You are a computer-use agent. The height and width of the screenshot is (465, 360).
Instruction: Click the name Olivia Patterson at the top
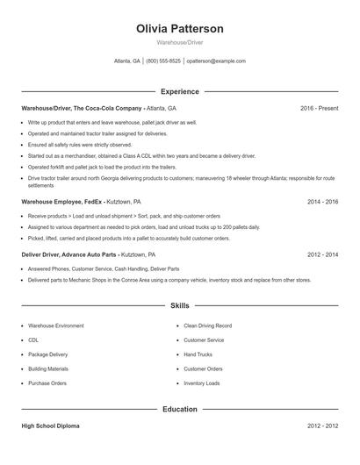pyautogui.click(x=180, y=29)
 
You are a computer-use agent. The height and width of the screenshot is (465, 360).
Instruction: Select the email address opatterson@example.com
pyautogui.click(x=216, y=61)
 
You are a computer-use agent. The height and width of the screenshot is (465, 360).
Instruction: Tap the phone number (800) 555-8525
pyautogui.click(x=163, y=61)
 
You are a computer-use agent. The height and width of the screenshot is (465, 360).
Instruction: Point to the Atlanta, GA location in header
pyautogui.click(x=127, y=61)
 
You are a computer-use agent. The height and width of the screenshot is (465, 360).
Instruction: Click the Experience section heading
pyautogui.click(x=180, y=91)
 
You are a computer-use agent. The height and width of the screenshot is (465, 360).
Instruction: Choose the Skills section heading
pyautogui.click(x=180, y=306)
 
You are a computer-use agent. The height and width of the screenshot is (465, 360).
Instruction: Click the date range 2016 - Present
pyautogui.click(x=319, y=108)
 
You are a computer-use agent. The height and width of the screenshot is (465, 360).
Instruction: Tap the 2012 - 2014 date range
pyautogui.click(x=322, y=254)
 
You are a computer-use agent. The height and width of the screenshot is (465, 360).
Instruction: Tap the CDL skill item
pyautogui.click(x=33, y=340)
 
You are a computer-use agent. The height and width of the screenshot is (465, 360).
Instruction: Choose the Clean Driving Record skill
pyautogui.click(x=206, y=325)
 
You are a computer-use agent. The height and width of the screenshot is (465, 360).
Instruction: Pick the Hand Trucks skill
pyautogui.click(x=198, y=354)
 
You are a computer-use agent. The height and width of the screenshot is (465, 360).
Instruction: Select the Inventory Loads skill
pyautogui.click(x=201, y=383)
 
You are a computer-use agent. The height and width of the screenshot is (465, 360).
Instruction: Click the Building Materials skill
pyautogui.click(x=47, y=368)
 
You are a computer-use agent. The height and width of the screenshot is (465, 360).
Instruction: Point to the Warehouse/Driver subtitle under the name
pyautogui.click(x=180, y=42)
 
